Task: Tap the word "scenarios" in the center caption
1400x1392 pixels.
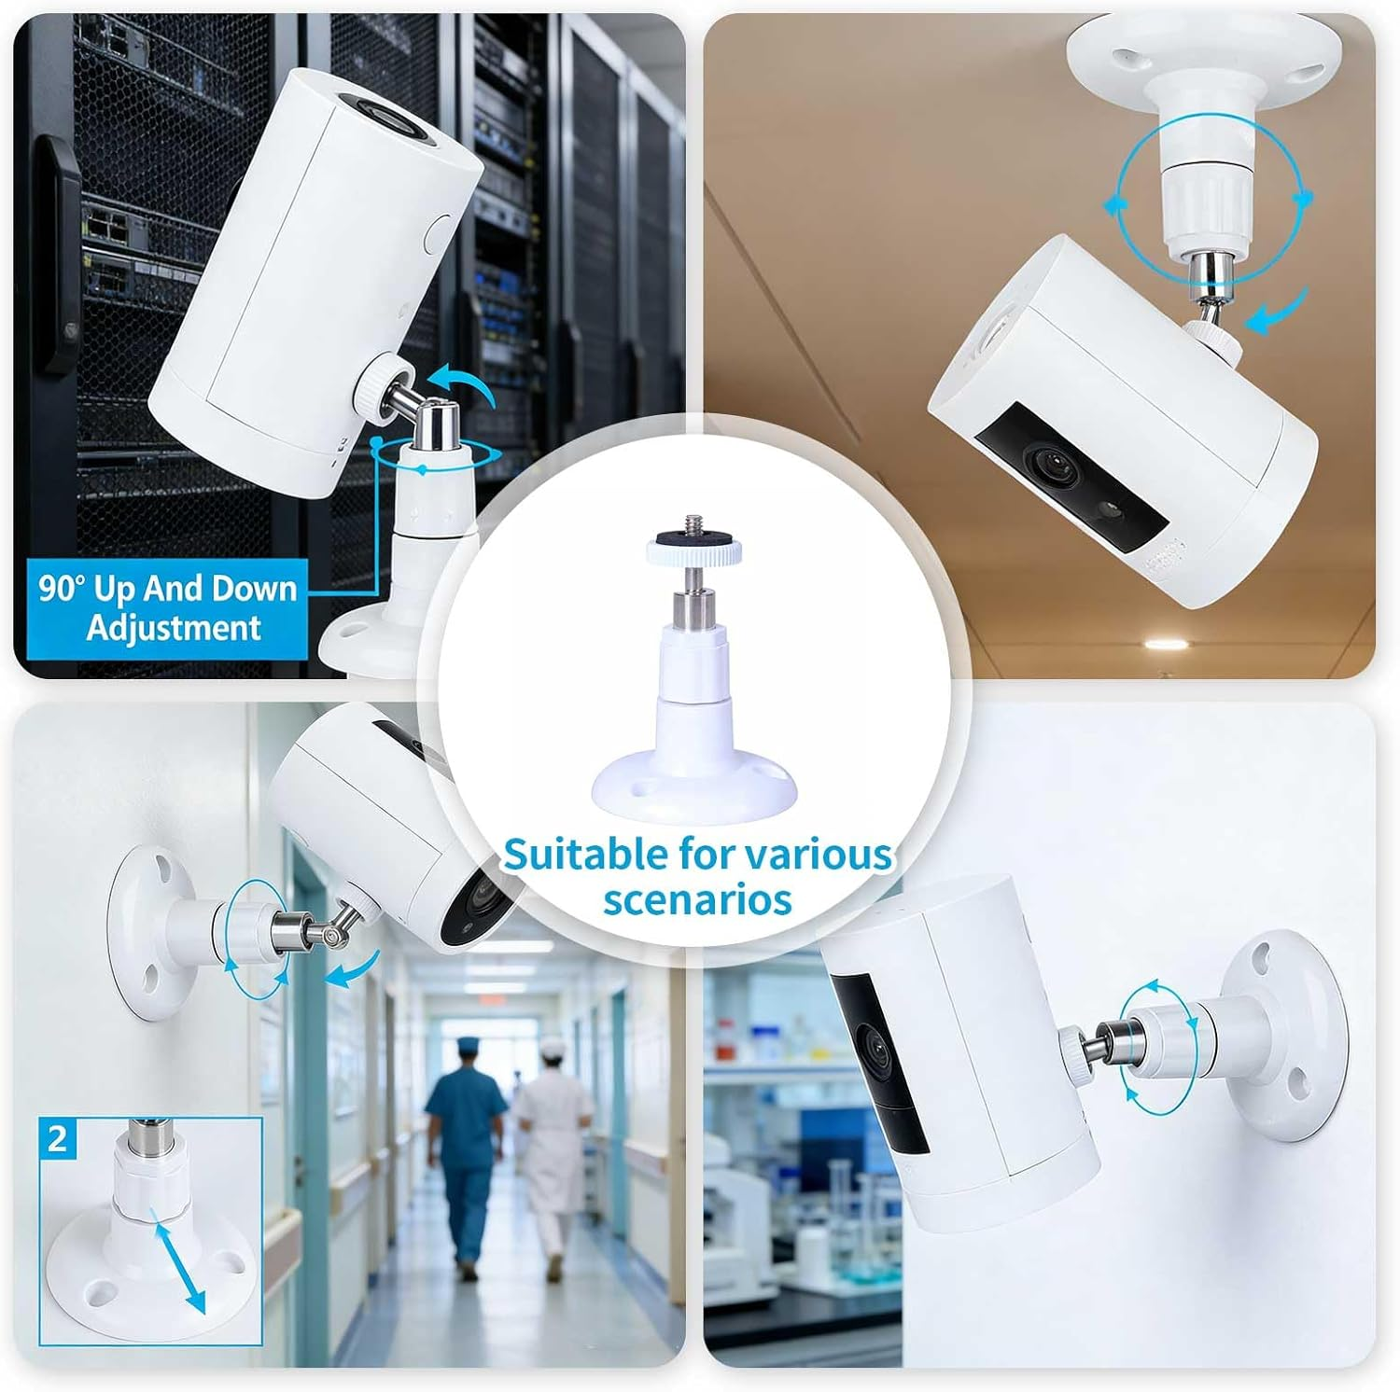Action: click(697, 899)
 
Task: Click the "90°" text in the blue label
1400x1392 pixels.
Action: click(63, 589)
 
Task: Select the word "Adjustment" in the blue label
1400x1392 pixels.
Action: click(174, 627)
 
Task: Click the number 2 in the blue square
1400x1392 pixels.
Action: click(58, 1139)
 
